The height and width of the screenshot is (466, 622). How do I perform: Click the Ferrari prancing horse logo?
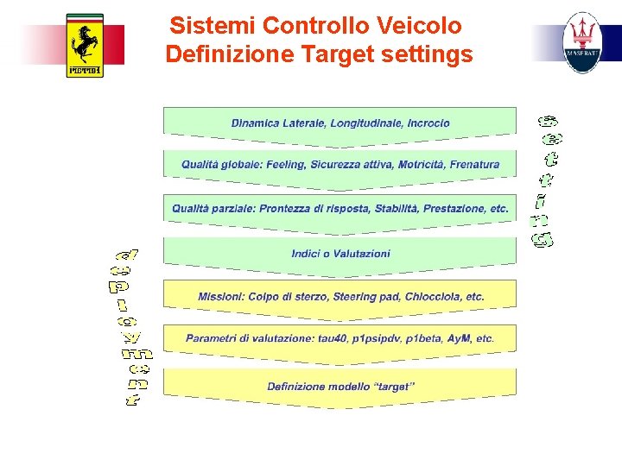(x=85, y=45)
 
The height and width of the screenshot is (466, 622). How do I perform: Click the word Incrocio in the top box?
(x=428, y=123)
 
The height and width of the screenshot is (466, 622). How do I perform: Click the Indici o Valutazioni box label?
(x=340, y=254)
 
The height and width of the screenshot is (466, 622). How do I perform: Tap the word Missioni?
(x=221, y=297)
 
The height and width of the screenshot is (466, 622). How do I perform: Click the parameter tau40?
(x=331, y=338)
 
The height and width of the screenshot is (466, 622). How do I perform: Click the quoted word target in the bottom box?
(x=393, y=387)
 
